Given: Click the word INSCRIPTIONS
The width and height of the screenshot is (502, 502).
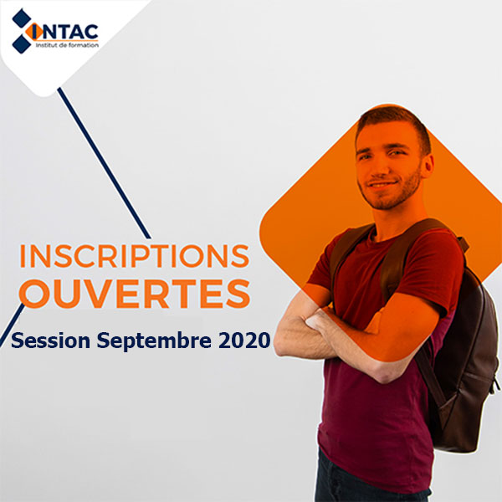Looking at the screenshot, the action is coord(135,256).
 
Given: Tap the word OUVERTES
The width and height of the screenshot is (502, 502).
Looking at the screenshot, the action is coord(135,294).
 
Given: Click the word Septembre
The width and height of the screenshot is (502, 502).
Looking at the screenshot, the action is coord(154,341).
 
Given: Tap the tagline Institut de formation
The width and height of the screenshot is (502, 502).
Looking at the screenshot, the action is coord(67,45).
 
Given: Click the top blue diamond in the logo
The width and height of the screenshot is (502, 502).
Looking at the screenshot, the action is coord(22,18).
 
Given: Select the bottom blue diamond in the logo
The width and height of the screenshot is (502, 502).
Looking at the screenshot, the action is coord(22,44).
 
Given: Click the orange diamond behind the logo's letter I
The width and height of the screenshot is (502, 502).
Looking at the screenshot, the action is coord(34,32).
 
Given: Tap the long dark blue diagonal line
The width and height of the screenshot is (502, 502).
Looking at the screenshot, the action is coord(104,163).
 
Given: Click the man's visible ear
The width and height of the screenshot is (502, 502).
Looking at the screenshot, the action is coord(428,166).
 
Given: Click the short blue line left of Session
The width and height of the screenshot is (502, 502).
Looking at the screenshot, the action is coord(13,325).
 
